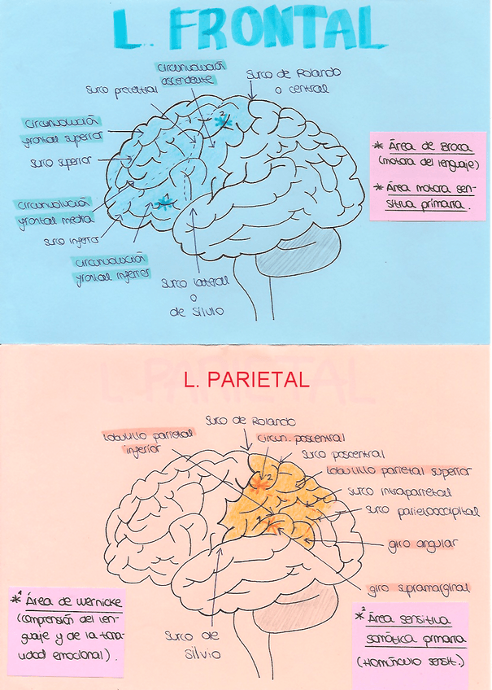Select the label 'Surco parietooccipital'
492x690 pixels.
tap(423, 511)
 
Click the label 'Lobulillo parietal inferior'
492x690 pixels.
tap(148, 439)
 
